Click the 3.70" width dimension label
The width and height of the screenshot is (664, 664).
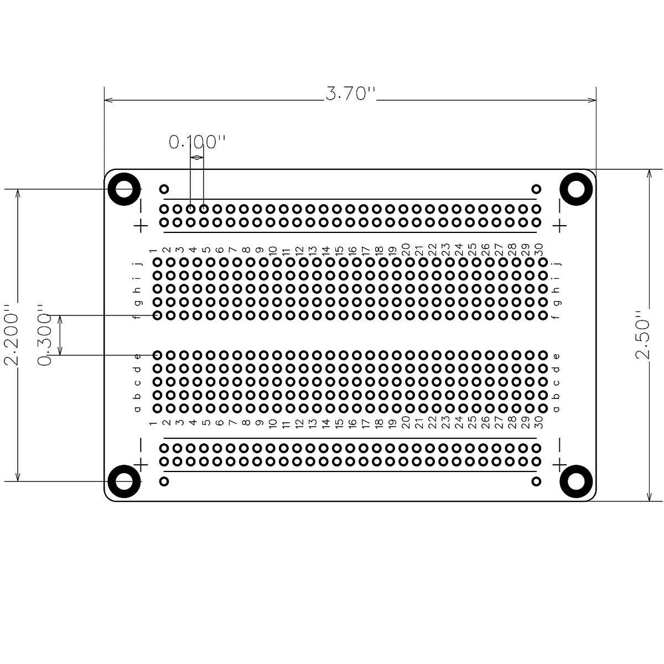tap(350, 94)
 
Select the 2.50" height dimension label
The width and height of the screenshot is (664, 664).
tap(642, 335)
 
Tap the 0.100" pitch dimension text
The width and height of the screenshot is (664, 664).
tap(197, 142)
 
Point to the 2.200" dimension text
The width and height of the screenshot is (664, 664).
tap(11, 335)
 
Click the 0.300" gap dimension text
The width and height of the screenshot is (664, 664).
tap(44, 335)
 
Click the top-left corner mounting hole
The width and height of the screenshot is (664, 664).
tap(124, 189)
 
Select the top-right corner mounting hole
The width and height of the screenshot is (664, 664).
tap(576, 189)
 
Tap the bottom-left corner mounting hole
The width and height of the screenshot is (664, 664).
tap(124, 481)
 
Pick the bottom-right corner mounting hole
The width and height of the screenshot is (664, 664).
tap(576, 481)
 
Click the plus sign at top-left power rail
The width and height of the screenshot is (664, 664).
tap(141, 226)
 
